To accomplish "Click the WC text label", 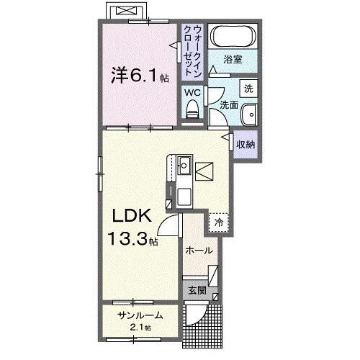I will pyautogui.click(x=192, y=92).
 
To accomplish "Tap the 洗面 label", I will pyautogui.click(x=228, y=105).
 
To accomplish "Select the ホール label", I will pyautogui.click(x=199, y=251).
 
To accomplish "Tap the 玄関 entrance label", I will pyautogui.click(x=197, y=290).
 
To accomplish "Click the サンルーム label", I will pyautogui.click(x=140, y=315).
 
